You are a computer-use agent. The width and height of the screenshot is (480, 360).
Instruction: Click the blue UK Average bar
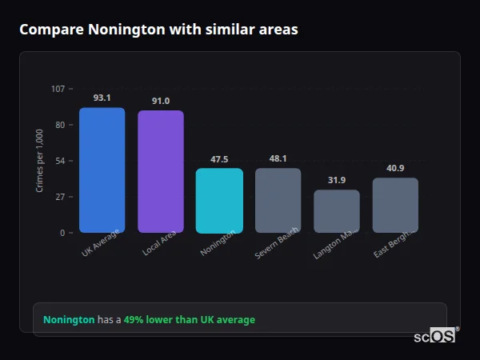[x=102, y=170]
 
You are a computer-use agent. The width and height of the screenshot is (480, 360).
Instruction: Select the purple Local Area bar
[x=161, y=172]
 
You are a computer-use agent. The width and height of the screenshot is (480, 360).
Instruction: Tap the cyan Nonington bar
[x=219, y=201]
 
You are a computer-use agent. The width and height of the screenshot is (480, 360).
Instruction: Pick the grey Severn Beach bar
[x=278, y=201]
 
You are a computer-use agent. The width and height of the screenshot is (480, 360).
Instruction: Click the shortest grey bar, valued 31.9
[x=337, y=211]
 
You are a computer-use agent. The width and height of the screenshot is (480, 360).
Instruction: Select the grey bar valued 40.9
[x=395, y=206]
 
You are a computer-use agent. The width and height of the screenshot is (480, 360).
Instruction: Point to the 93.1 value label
[x=102, y=98]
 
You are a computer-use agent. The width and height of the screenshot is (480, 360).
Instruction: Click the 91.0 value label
[x=161, y=101]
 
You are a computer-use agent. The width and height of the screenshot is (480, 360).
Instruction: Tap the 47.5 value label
[x=219, y=159]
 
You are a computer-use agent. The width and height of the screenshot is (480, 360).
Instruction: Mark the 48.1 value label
[x=278, y=158]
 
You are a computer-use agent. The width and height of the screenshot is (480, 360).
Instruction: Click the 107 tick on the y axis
[x=58, y=89]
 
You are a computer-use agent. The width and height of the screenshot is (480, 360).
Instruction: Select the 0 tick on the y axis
[x=62, y=233]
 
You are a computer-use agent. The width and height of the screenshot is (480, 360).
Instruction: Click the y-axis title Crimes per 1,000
[x=39, y=161]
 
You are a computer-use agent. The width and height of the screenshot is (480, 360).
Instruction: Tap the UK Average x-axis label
[x=101, y=244]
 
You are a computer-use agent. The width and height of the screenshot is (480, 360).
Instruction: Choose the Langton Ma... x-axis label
[x=335, y=243]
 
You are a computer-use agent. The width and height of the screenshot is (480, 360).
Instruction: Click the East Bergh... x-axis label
[x=394, y=243]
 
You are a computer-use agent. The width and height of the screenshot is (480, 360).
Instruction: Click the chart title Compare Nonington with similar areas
[x=158, y=30]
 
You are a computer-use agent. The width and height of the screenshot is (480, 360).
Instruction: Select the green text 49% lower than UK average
[x=190, y=320]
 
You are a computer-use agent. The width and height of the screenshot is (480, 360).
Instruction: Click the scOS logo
[x=435, y=336]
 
